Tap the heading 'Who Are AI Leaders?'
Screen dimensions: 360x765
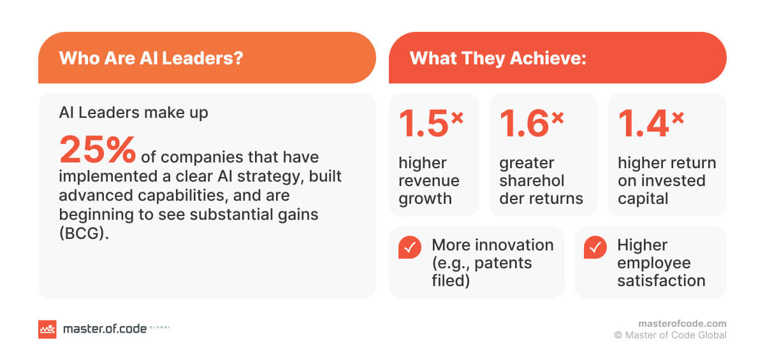[x=150, y=58]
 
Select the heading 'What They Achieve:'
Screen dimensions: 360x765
[x=498, y=58]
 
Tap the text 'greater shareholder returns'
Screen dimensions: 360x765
[x=541, y=180]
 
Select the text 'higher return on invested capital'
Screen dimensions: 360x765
[x=666, y=180]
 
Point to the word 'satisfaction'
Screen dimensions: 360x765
[x=661, y=280]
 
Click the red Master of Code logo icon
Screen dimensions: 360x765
[x=47, y=329]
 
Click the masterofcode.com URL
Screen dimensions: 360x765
[x=681, y=324]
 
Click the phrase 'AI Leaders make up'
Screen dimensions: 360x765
[x=133, y=113]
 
